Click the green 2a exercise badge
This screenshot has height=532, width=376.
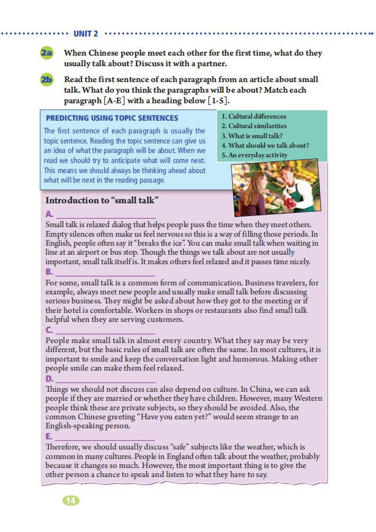(x=47, y=53)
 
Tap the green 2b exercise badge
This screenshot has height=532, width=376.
(x=47, y=80)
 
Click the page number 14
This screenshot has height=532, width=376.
(x=71, y=500)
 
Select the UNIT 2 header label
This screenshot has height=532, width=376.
(x=86, y=33)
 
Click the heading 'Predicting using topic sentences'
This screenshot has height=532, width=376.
(x=112, y=118)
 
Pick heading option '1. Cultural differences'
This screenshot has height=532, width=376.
(x=254, y=116)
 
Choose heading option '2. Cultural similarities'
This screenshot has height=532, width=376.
(x=254, y=126)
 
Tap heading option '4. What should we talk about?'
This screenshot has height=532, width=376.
(x=265, y=146)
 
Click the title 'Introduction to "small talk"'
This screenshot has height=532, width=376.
(x=103, y=201)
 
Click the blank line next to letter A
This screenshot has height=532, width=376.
(x=106, y=216)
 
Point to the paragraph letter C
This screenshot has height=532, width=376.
(x=49, y=331)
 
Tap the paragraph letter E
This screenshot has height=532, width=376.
(x=49, y=437)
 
